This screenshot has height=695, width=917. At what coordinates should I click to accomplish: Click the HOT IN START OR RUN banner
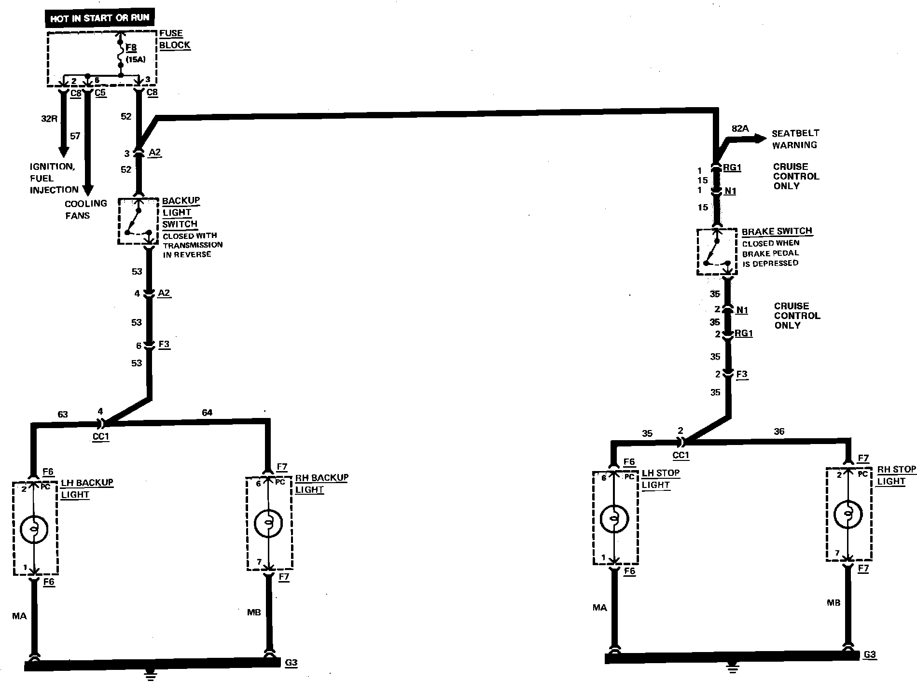[99, 19]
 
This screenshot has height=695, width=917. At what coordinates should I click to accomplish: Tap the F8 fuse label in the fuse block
[131, 48]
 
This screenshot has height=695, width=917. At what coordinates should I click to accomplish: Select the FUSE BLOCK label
[174, 39]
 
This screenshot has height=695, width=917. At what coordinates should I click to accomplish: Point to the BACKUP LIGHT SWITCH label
[180, 212]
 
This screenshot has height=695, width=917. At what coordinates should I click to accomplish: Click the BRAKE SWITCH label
[777, 231]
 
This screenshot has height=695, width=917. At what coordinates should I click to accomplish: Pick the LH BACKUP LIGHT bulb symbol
[34, 528]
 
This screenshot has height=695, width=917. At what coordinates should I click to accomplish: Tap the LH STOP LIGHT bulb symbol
[614, 519]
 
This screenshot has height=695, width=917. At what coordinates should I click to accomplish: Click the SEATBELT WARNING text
[795, 139]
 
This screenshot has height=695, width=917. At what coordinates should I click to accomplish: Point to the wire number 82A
[740, 128]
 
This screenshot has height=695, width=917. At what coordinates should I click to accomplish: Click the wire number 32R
[49, 118]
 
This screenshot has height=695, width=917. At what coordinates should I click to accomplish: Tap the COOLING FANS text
[86, 209]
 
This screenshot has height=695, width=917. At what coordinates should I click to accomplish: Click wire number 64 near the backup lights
[207, 413]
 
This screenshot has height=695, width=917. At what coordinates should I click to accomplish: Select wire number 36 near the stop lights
[779, 432]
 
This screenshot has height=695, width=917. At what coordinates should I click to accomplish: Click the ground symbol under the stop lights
[733, 668]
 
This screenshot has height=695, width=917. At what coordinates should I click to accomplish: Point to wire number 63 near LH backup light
[63, 414]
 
